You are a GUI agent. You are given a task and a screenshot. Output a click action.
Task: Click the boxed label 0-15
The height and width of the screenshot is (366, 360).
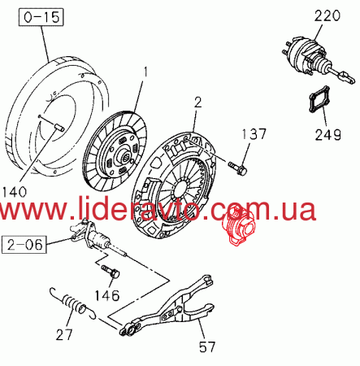tap(41, 17)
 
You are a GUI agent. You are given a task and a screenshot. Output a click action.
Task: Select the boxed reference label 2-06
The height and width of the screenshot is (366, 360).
tap(24, 245)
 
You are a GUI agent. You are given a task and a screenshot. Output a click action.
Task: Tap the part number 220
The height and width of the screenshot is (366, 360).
tap(327, 15)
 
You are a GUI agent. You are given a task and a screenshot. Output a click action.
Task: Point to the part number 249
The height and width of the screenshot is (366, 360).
tap(327, 134)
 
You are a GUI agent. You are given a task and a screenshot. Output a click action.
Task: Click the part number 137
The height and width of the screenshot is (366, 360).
tap(254, 134)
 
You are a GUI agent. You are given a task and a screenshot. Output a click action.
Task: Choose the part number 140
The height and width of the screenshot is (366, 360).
tap(14, 192)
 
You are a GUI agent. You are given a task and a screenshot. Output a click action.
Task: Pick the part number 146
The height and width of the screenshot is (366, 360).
tap(107, 295)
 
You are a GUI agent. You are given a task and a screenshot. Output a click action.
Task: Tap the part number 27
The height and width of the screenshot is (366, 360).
tap(64, 334)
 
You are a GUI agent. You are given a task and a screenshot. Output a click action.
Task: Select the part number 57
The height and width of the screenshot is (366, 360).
tap(207, 346)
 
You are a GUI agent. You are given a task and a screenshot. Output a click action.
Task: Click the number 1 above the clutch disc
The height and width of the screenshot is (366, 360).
tap(145, 73)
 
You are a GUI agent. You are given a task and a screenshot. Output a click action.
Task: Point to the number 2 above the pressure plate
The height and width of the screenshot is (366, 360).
tap(198, 103)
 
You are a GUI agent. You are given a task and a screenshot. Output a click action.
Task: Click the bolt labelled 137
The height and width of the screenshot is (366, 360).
tap(238, 168)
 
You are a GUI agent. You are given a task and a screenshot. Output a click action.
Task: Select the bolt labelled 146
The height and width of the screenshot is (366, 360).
tap(111, 272)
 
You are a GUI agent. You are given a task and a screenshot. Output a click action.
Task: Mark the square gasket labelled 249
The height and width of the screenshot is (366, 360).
tap(319, 99)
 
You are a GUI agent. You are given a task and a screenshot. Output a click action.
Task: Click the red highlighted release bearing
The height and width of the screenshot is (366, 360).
tap(238, 225)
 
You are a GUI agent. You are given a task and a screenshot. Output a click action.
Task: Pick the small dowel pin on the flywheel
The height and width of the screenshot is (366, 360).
tap(59, 127)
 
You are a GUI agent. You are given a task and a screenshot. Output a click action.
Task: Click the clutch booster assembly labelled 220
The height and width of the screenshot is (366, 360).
tap(318, 61)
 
